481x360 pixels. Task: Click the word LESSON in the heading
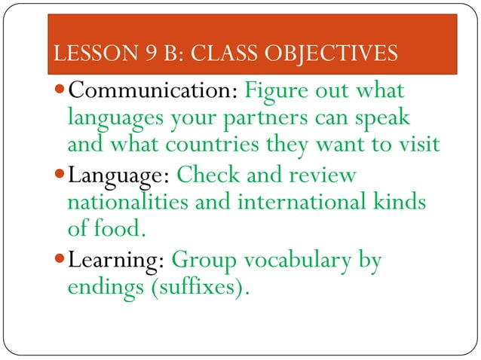tap(80, 54)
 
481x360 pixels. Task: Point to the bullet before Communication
tap(60, 93)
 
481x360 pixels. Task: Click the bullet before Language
tap(60, 177)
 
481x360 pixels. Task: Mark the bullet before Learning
tap(60, 261)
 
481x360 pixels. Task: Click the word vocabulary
tap(287, 262)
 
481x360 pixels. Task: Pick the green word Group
tap(198, 262)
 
